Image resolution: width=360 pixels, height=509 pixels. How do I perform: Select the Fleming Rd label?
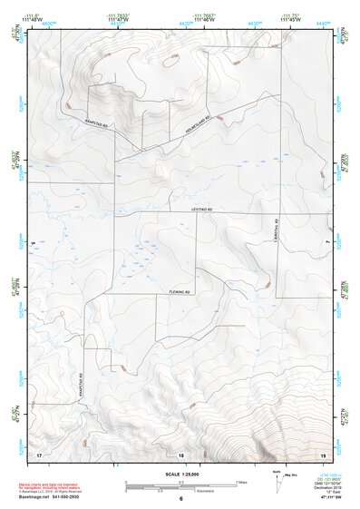click(179, 292)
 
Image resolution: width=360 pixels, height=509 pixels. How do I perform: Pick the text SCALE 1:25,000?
click(181, 474)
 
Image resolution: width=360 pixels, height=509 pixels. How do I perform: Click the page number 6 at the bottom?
click(181, 499)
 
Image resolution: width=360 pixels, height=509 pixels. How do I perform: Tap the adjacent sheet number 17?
click(39, 453)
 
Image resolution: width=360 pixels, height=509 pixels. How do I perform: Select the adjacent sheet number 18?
click(181, 453)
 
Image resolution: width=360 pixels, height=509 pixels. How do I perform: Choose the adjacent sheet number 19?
click(323, 453)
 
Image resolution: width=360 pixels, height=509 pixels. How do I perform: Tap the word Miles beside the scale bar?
click(242, 481)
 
